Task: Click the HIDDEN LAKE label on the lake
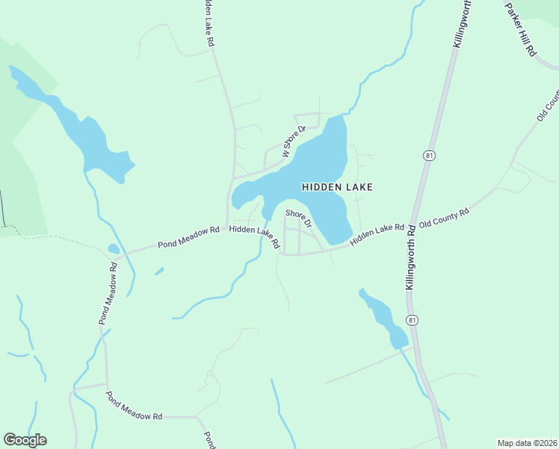(337, 187)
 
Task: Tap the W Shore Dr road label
(294, 141)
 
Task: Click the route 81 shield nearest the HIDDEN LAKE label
(428, 156)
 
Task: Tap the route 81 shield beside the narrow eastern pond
(412, 320)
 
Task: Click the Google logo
(25, 440)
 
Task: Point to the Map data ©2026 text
(527, 443)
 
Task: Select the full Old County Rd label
(444, 218)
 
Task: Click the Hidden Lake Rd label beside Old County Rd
(377, 232)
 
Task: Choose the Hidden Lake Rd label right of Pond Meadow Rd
(254, 236)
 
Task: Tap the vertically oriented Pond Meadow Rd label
(108, 293)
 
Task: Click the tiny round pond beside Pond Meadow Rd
(113, 249)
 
